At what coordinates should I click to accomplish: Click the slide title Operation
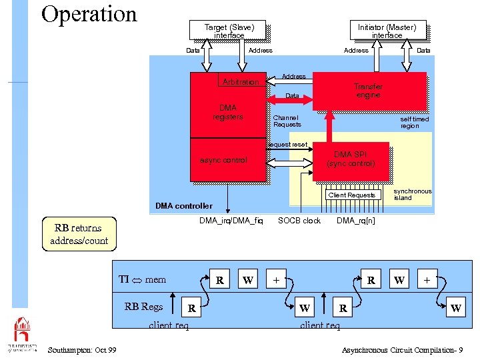click(x=89, y=14)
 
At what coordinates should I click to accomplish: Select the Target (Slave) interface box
click(x=229, y=31)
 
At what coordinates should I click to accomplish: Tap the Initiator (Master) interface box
click(x=387, y=31)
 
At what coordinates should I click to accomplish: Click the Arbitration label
click(x=241, y=82)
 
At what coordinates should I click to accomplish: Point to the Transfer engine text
click(x=368, y=91)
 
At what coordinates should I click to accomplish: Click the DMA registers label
click(x=227, y=112)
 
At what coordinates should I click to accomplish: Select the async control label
click(x=223, y=160)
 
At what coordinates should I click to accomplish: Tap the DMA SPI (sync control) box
click(x=351, y=159)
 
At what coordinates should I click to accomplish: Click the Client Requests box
click(x=351, y=195)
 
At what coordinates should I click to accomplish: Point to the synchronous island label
click(x=412, y=195)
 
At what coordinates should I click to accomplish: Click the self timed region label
click(x=414, y=123)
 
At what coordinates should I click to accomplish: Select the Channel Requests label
click(x=287, y=121)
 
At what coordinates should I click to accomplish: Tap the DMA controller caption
click(x=184, y=206)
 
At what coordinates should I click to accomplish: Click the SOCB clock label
click(x=299, y=221)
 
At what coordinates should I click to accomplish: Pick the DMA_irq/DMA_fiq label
click(x=231, y=221)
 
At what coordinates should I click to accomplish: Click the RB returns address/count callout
click(x=79, y=235)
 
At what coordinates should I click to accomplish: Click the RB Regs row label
click(x=143, y=307)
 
